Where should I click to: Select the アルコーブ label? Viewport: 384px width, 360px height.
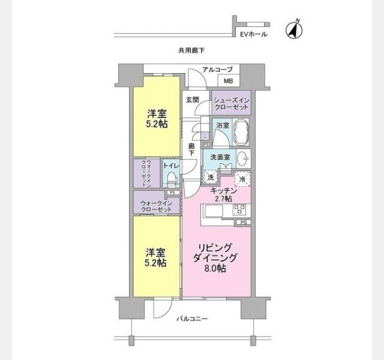[217, 70]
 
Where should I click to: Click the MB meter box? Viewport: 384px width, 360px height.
[228, 81]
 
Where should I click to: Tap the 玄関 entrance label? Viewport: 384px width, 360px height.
[192, 100]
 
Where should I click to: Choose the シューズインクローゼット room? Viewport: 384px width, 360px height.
[231, 103]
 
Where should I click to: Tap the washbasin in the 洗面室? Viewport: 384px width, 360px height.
[243, 159]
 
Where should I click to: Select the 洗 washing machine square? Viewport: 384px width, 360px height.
[211, 177]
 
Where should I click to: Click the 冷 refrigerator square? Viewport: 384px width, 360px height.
[242, 178]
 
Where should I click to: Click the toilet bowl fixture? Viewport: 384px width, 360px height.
[172, 178]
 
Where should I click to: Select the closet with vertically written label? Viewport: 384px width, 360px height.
[146, 173]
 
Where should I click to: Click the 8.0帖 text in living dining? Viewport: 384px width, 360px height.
[214, 269]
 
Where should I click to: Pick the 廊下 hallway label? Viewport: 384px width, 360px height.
[191, 150]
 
